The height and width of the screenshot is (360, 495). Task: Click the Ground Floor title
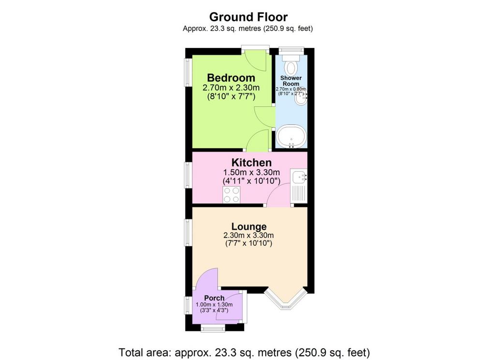click(x=248, y=17)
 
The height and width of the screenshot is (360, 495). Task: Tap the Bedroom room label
click(x=231, y=78)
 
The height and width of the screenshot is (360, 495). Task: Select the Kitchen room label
click(x=251, y=163)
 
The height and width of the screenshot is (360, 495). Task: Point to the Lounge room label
click(x=249, y=226)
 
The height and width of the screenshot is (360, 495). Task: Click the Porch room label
click(x=214, y=298)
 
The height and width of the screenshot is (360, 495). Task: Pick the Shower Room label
click(x=291, y=81)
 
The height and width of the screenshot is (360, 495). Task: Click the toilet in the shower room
click(x=291, y=65)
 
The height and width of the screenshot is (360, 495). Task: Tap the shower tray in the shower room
click(x=291, y=136)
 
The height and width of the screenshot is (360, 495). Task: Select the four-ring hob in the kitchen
click(x=232, y=195)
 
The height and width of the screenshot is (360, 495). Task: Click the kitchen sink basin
click(x=298, y=177)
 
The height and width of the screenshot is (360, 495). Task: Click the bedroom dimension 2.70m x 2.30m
click(x=231, y=88)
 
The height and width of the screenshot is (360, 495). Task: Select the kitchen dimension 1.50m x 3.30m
click(x=251, y=173)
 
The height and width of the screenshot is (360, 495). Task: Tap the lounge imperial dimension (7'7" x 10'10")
click(x=249, y=243)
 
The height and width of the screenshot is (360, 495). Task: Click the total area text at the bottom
click(x=244, y=352)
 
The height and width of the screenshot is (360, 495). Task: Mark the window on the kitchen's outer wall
click(x=189, y=175)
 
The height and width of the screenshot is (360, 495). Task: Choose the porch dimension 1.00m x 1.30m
click(x=214, y=305)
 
